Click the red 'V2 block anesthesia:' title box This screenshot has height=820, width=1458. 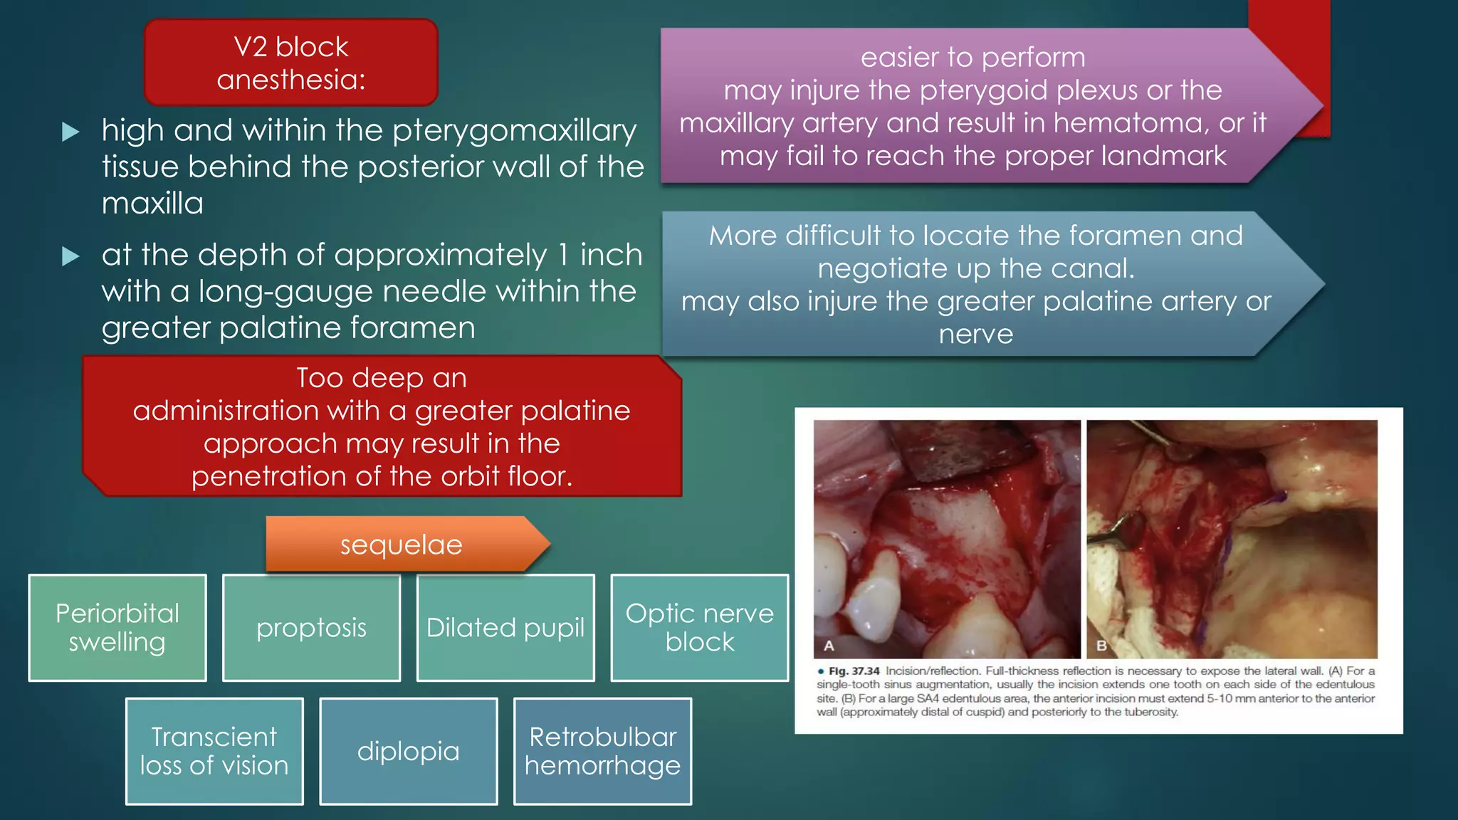coord(290,63)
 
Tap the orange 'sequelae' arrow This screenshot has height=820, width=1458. coord(402,545)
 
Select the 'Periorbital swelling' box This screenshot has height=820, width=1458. coord(117,628)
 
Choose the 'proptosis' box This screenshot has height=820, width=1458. coord(311,628)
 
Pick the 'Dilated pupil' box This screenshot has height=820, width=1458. coord(505,628)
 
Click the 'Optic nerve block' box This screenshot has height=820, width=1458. coord(700,628)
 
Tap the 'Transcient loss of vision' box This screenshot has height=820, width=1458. coord(214,751)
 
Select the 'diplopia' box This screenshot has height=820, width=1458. coord(408,751)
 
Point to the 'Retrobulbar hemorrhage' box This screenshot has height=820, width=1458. coord(602,751)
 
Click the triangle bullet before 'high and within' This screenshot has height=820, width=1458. coord(70,132)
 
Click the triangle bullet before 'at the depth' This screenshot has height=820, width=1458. coord(70,256)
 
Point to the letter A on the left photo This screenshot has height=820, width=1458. coord(829,646)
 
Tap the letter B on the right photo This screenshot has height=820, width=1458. coord(1101,646)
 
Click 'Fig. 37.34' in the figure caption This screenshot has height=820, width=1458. coord(854,671)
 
